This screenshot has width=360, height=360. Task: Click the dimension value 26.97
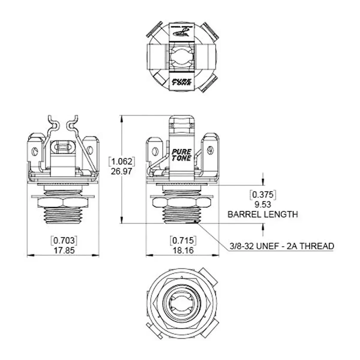(121, 172)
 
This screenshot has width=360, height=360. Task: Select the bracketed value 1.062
(121, 162)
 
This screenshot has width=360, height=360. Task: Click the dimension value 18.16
(183, 250)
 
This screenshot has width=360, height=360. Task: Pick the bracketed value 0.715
(183, 240)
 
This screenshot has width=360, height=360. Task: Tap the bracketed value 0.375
(263, 195)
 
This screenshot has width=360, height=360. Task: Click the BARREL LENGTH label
(263, 214)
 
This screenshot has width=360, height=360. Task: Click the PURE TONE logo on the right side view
(181, 154)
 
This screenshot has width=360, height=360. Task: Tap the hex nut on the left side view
(63, 203)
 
